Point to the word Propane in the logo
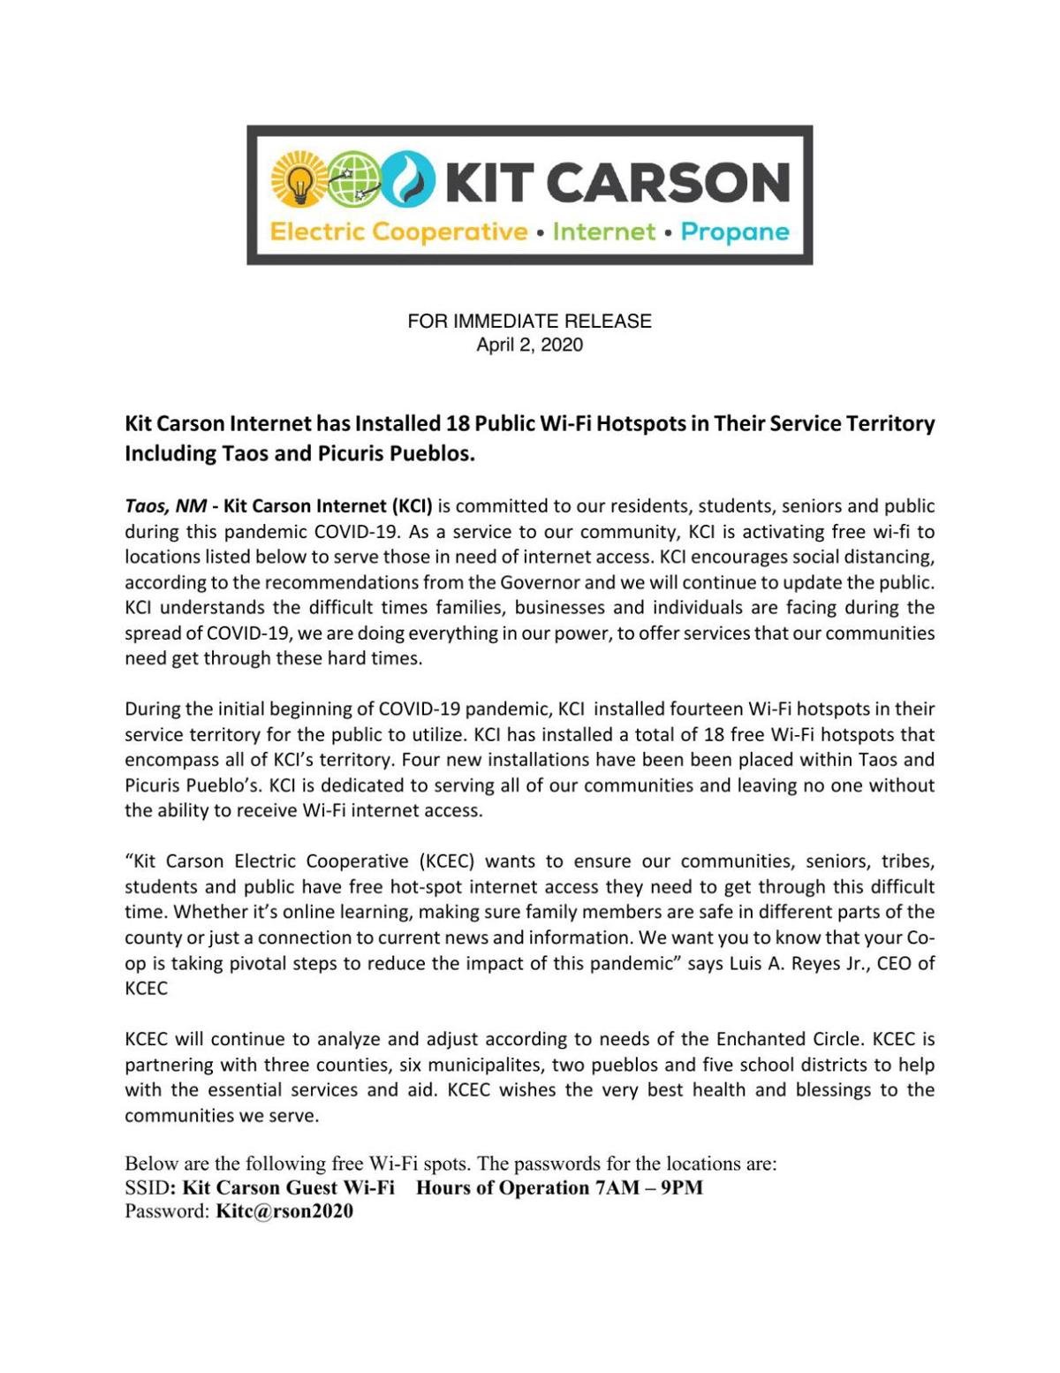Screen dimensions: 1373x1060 pos(735,232)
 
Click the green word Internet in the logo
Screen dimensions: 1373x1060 pos(604,232)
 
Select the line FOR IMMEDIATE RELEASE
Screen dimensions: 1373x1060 pos(529,322)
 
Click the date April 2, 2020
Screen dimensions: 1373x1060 pos(529,345)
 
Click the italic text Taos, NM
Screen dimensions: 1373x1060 pos(165,506)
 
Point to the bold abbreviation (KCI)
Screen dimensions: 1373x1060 pos(412,506)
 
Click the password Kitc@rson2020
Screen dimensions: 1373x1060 pos(284,1211)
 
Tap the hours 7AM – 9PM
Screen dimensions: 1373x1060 pos(649,1187)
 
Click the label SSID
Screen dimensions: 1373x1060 pos(147,1187)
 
